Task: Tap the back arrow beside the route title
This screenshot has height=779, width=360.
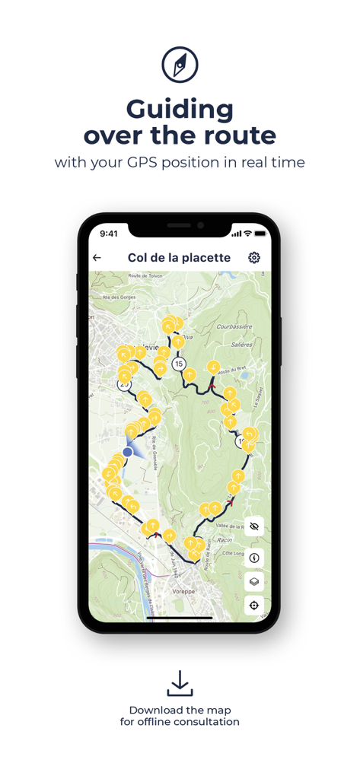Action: click(x=97, y=258)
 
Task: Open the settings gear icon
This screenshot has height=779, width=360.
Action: click(x=254, y=258)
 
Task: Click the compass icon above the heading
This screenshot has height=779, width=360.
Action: click(x=180, y=65)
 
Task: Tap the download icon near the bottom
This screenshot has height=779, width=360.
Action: click(x=180, y=683)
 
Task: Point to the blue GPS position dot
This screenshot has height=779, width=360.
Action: click(x=128, y=452)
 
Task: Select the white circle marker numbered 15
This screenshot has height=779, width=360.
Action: click(x=179, y=364)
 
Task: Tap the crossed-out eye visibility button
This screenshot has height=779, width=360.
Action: click(x=254, y=526)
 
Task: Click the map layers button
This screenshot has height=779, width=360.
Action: click(x=254, y=582)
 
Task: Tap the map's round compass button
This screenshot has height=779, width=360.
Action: click(x=254, y=558)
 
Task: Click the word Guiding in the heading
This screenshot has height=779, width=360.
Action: click(x=180, y=110)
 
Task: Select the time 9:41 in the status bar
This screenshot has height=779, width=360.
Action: click(x=109, y=234)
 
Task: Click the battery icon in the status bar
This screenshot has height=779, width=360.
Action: click(x=260, y=234)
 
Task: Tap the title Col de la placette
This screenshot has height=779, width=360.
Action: click(x=179, y=258)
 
